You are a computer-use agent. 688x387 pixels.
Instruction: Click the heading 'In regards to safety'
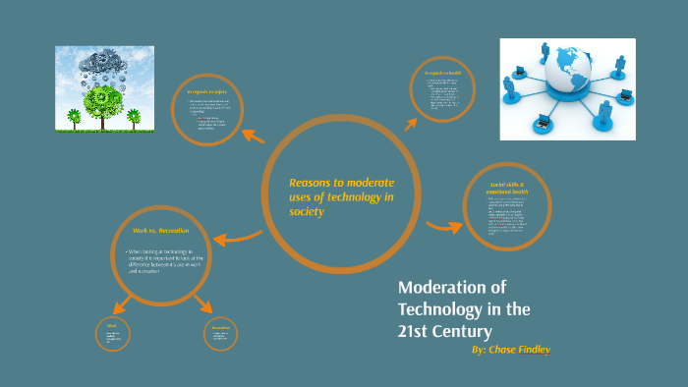(x=205, y=92)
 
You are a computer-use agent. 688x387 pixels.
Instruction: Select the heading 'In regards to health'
(x=442, y=74)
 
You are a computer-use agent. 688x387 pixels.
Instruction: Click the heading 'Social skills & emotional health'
(x=507, y=188)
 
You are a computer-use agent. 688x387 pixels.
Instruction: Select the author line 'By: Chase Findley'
(x=510, y=350)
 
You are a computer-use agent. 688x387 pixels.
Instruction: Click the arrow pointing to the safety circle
(x=254, y=138)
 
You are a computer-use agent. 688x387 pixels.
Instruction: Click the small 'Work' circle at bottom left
(x=113, y=335)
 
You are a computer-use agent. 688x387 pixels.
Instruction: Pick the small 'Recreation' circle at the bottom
(x=220, y=335)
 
